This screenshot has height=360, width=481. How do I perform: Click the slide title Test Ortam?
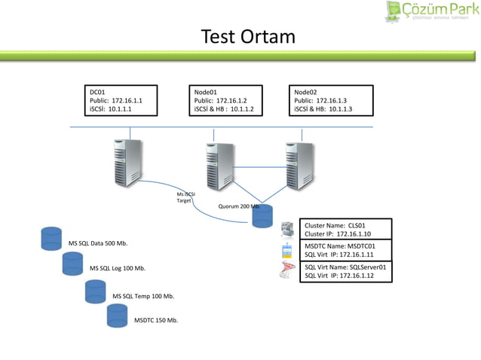point(247,37)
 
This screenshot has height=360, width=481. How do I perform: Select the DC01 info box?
point(120,100)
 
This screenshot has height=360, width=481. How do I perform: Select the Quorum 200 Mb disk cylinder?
point(262,215)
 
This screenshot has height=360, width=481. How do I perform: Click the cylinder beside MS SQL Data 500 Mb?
point(51,237)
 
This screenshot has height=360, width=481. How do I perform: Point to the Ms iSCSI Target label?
point(185,197)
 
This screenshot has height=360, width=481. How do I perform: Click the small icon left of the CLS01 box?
point(286,229)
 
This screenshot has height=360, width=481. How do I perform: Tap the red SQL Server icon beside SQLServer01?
point(286,272)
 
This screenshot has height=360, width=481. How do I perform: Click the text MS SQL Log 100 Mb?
point(118,268)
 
